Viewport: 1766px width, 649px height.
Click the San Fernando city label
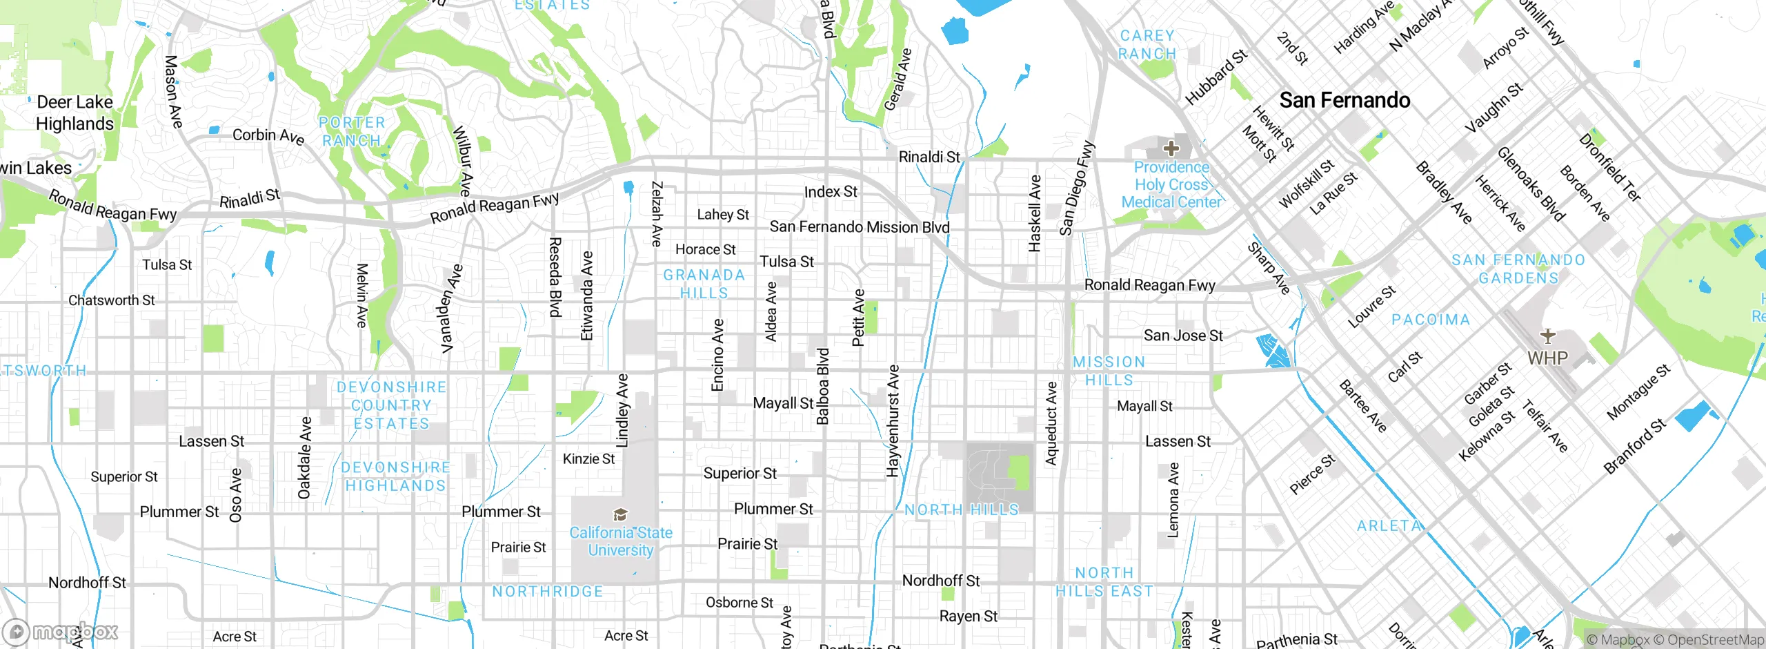coord(1345,101)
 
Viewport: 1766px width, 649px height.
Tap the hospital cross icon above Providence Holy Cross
coord(1171,148)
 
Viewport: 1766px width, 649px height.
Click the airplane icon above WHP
coord(1548,336)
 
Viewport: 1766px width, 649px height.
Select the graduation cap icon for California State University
coord(620,514)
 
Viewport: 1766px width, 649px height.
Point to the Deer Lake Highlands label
coord(75,113)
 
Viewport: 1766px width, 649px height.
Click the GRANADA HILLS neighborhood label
coord(704,284)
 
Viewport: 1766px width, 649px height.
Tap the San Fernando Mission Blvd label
coord(859,227)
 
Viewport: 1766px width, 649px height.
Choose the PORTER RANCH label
coord(352,131)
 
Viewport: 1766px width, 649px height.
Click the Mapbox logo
coord(61,632)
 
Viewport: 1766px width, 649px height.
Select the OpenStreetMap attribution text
coord(1715,640)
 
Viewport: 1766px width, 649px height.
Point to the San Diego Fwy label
coord(1076,188)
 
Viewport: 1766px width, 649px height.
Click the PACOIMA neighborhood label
coord(1431,320)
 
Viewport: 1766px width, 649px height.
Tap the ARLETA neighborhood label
coord(1389,526)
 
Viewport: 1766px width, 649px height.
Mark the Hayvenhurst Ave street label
coord(893,421)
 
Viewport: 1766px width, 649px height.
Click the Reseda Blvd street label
coord(555,277)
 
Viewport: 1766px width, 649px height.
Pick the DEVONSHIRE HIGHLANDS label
coord(396,477)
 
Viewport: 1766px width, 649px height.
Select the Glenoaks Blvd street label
coord(1531,184)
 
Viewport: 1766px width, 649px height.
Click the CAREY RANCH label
coord(1147,45)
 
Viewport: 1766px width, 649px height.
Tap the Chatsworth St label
coord(111,300)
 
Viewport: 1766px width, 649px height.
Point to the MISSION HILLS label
coord(1109,371)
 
